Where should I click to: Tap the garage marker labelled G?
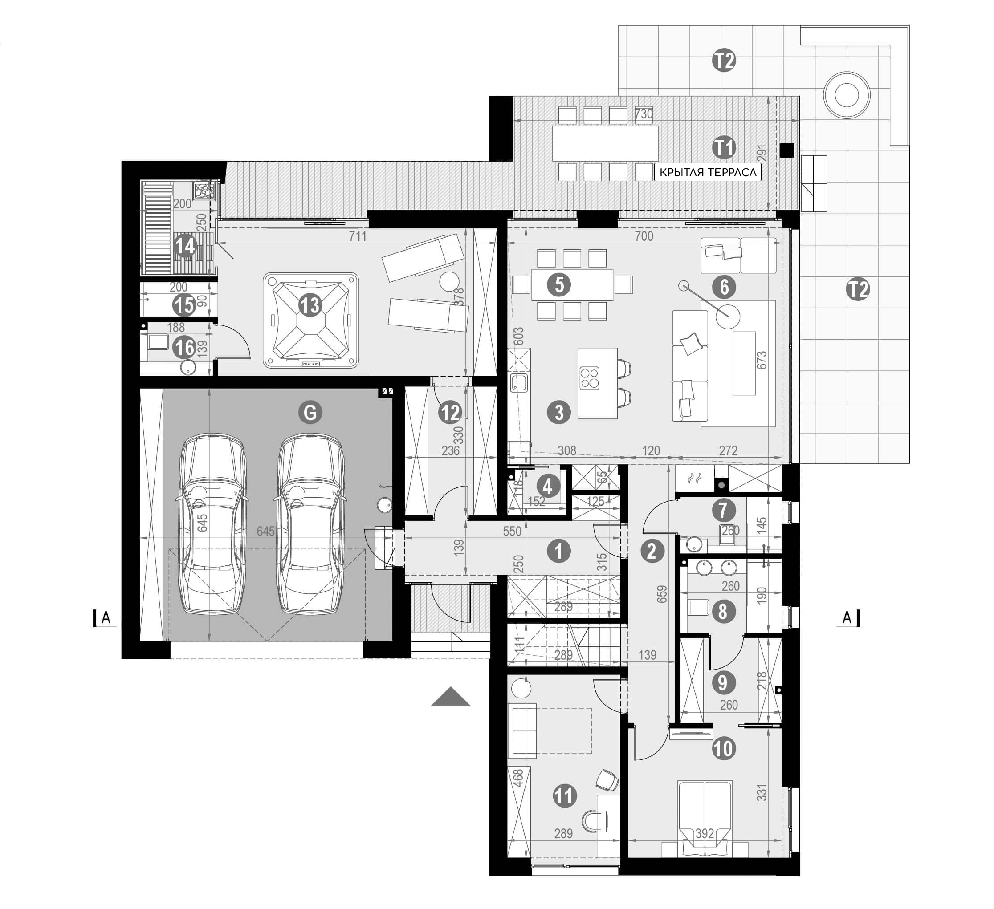[x=310, y=412]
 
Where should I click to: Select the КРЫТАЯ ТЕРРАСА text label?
[x=708, y=173]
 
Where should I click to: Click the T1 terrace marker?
[x=724, y=147]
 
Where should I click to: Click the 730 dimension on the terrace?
[x=644, y=114]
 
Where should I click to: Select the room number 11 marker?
[x=565, y=795]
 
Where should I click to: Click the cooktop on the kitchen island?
[x=589, y=378]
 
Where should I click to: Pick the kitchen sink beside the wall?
[x=519, y=381]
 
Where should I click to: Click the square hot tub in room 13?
[x=311, y=321]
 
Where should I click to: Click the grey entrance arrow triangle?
[x=450, y=698]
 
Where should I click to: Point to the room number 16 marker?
[x=184, y=348]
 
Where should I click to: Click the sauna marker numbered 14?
[x=185, y=245]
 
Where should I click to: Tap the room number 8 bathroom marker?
[x=723, y=611]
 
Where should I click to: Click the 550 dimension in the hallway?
[x=512, y=531]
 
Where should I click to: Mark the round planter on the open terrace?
[x=847, y=95]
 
